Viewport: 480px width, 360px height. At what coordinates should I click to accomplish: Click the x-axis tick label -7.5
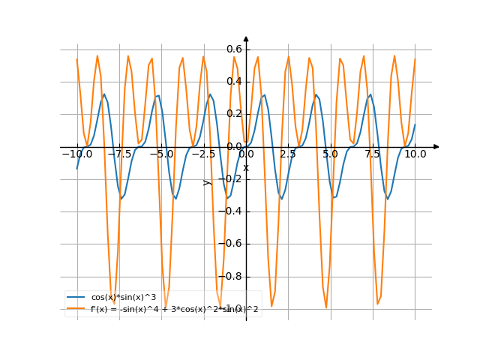point(118,153)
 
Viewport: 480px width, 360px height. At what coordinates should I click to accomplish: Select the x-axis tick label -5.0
point(160,153)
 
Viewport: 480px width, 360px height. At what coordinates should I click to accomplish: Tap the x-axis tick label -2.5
point(202,153)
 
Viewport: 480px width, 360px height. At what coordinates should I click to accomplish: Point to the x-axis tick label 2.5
point(288,153)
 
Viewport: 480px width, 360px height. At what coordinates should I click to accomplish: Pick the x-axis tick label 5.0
point(331,153)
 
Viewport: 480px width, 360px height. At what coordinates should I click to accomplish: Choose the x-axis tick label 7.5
point(373,153)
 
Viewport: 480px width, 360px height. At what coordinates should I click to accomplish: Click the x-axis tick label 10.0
point(415,153)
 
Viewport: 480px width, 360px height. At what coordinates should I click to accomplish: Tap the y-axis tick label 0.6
point(234,49)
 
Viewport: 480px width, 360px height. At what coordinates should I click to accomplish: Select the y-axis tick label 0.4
point(234,81)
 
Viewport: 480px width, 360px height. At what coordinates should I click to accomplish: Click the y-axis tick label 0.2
point(234,114)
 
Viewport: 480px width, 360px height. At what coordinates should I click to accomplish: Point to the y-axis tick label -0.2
point(232,178)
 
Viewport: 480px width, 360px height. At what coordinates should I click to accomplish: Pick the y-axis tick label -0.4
point(232,211)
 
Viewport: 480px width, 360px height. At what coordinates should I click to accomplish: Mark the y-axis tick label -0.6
point(232,244)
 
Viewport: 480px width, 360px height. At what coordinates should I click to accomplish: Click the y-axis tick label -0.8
point(232,276)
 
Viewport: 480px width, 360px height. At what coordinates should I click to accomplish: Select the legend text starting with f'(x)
point(174,308)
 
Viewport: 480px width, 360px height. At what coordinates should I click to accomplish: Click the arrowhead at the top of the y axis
point(246,38)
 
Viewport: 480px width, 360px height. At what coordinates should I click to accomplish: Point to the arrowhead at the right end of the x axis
point(436,146)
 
